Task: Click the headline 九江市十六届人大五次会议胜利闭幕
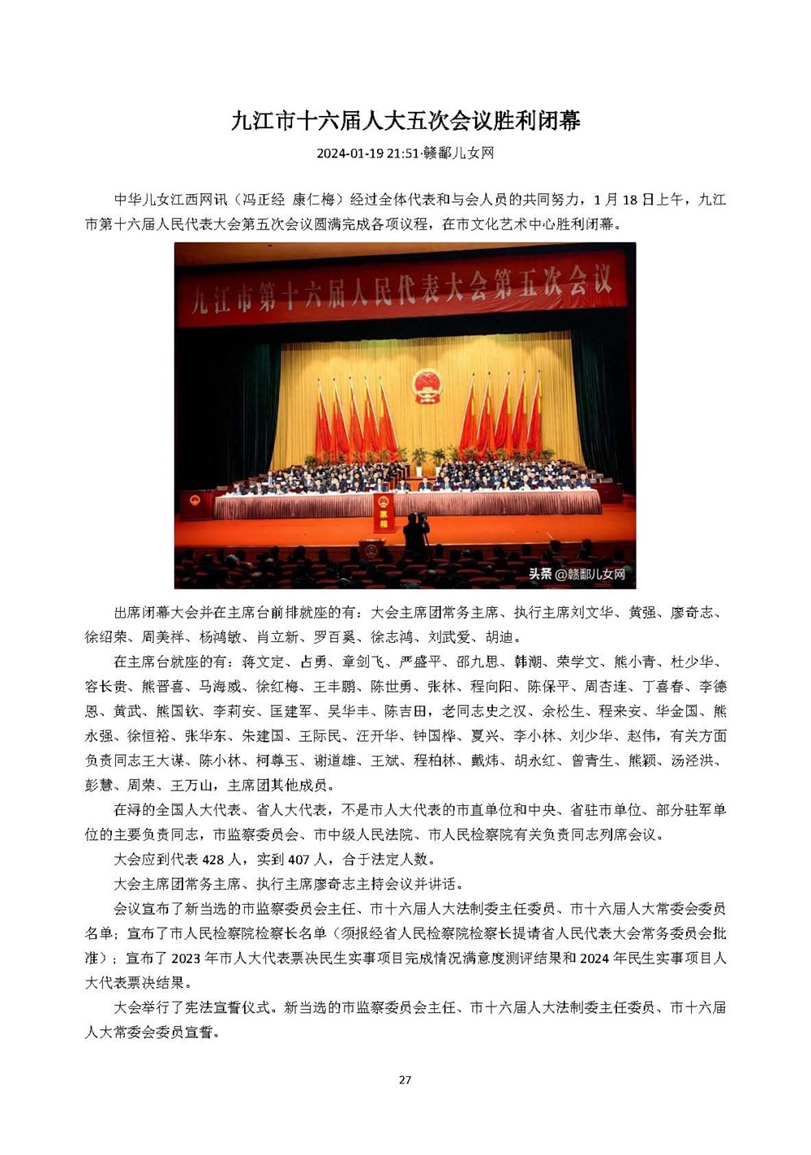405,121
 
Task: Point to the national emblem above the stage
425,385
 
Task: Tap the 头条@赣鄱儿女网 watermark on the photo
577,574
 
